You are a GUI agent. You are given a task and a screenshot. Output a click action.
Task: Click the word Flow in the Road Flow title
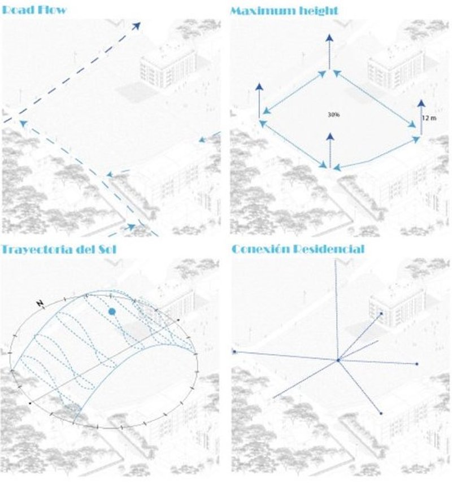click(x=53, y=10)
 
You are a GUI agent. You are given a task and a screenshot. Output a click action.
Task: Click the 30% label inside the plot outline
click(x=333, y=115)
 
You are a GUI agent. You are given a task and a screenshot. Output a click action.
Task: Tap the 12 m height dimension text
click(x=429, y=117)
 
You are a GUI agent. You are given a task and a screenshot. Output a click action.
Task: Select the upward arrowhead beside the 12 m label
click(x=421, y=103)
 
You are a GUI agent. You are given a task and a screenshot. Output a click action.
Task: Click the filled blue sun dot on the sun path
click(x=112, y=311)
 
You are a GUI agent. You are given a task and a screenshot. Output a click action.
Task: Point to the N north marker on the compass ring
click(x=40, y=304)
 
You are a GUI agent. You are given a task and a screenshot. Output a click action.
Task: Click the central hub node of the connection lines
click(x=338, y=360)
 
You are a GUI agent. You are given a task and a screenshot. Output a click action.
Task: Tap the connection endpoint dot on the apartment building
click(x=381, y=313)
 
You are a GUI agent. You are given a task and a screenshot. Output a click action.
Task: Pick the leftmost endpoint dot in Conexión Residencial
click(x=234, y=352)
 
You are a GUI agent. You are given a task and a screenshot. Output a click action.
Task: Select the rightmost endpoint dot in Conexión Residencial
click(x=417, y=364)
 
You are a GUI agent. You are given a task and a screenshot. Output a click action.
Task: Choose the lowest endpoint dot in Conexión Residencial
click(x=381, y=414)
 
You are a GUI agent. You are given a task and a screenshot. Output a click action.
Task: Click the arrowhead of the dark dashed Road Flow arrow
click(x=137, y=25)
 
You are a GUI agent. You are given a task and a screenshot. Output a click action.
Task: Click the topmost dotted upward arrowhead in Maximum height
click(x=329, y=37)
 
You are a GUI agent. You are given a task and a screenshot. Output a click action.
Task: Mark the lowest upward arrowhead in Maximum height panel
click(x=329, y=137)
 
